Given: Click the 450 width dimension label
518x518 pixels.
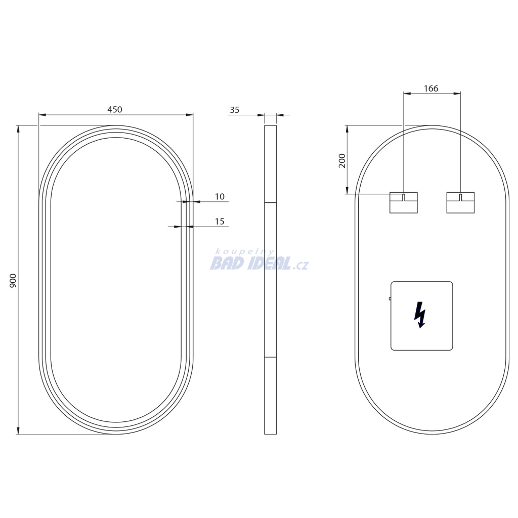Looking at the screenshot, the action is coord(115,109).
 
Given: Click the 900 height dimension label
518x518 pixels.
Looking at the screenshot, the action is coord(13,280).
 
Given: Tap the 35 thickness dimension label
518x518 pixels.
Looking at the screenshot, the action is coord(235,110).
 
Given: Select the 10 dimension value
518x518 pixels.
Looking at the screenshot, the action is coord(220,197).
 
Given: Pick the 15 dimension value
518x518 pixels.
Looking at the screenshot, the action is coord(220,222).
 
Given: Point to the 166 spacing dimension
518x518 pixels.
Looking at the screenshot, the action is coord(431,89).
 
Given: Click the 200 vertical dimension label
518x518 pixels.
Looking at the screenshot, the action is coord(342,161).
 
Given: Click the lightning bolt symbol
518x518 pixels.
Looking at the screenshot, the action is coord(420,315).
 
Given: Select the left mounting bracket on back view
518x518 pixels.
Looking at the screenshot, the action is coord(403,202).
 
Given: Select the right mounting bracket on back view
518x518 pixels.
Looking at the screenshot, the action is coord(460,202).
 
